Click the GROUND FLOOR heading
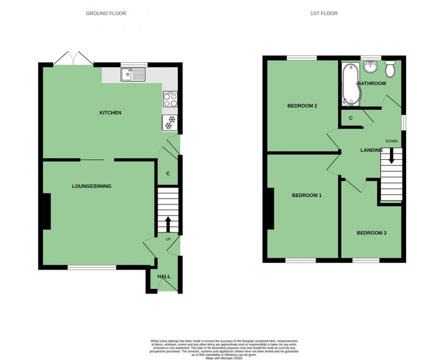pos(106,13)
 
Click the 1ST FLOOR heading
pos(324,13)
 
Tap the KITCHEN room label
pos(111,113)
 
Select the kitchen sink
pos(133,75)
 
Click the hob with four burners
pos(170,100)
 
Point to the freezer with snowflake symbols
pos(170,122)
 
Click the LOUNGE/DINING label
pos(92,186)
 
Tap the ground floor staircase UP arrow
pos(168,224)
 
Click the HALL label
pos(164,277)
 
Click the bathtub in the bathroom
pos(350,84)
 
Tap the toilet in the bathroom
pos(390,69)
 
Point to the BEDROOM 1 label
pos(307,196)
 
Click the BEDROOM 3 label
pos(371,233)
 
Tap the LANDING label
pos(371,150)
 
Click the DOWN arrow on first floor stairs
pos(392,159)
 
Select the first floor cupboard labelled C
pos(351,119)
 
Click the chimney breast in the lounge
pos(46,211)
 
